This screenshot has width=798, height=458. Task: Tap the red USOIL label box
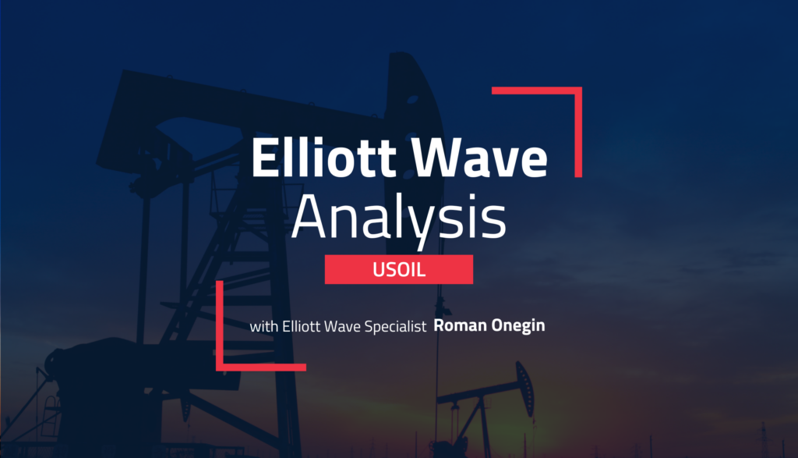pyautogui.click(x=398, y=269)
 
